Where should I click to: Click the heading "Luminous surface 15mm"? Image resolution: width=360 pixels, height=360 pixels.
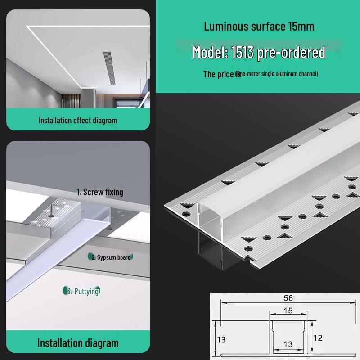259,26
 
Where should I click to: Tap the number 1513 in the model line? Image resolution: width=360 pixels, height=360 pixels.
243,53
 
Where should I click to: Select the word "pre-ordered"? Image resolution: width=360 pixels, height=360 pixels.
292,53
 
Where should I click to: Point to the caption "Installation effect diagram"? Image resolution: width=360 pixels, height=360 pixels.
77,120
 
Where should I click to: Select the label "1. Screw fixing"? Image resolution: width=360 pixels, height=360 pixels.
99,192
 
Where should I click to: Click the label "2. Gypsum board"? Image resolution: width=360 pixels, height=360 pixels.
111,257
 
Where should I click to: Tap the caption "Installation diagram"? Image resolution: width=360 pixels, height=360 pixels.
77,343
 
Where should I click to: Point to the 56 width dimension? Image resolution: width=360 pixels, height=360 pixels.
288,298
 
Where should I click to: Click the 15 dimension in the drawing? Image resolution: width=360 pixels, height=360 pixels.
288,310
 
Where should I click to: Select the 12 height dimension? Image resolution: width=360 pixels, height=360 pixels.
318,337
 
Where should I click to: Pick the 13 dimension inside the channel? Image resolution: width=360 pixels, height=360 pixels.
288,344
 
